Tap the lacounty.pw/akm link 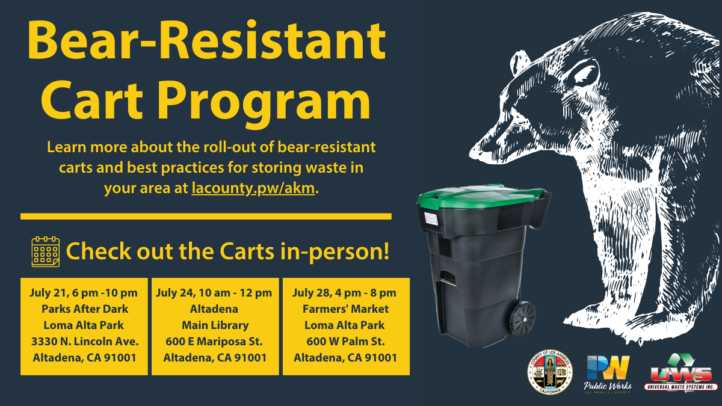(x=253, y=188)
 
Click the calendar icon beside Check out (x=46, y=251)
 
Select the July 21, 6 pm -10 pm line (x=84, y=293)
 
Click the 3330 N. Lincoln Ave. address (x=84, y=342)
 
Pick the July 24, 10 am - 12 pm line (x=214, y=293)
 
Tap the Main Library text (x=215, y=325)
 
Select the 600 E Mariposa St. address (x=215, y=342)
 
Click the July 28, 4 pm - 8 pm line (x=345, y=293)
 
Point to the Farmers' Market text (x=346, y=309)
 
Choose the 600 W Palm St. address (x=345, y=342)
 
